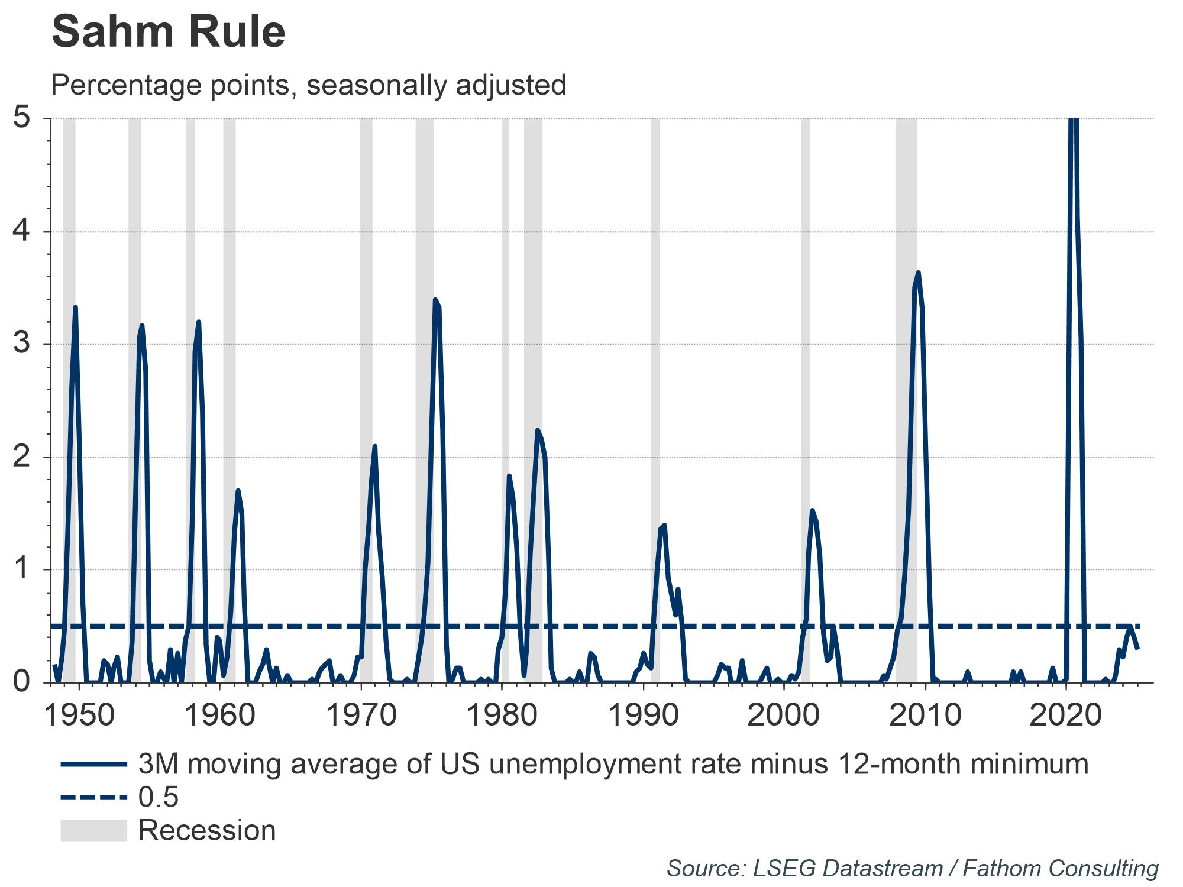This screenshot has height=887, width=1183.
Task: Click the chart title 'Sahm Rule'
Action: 169,33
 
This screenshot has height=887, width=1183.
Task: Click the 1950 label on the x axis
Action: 79,716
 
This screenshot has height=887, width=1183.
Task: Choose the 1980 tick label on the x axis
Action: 502,716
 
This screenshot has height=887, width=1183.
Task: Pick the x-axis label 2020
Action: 1066,716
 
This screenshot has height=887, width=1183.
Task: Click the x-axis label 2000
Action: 784,716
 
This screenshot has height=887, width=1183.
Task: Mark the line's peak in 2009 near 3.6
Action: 918,273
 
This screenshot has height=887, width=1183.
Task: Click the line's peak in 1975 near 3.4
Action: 435,300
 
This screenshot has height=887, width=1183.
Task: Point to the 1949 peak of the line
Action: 76,307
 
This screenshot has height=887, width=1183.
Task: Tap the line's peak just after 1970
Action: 374,446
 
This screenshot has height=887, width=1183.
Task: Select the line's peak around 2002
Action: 812,510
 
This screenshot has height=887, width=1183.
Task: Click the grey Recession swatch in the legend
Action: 93,830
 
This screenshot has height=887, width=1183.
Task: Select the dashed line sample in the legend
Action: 93,798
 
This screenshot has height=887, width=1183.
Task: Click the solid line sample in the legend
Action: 93,764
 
